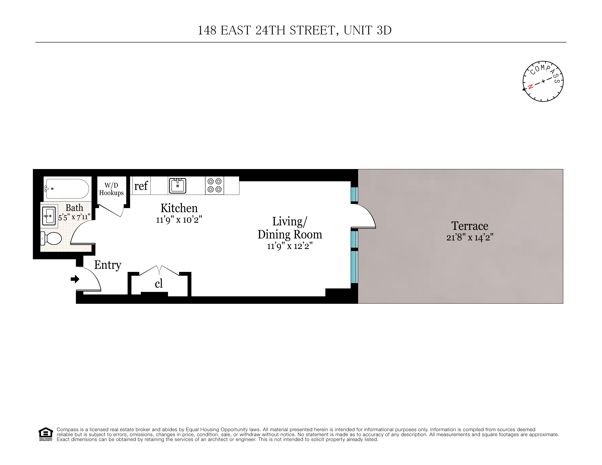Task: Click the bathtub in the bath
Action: pyautogui.click(x=67, y=189)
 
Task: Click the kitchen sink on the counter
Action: pyautogui.click(x=178, y=186)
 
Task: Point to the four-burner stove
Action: pyautogui.click(x=214, y=185)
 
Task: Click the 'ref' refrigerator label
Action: pyautogui.click(x=141, y=186)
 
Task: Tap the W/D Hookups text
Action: pyautogui.click(x=111, y=189)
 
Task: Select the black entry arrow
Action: pyautogui.click(x=75, y=279)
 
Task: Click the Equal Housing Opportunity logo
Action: pyautogui.click(x=45, y=434)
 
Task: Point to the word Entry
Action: pyautogui.click(x=108, y=265)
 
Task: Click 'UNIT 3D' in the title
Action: pyautogui.click(x=367, y=30)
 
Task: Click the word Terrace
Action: pyautogui.click(x=470, y=226)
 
